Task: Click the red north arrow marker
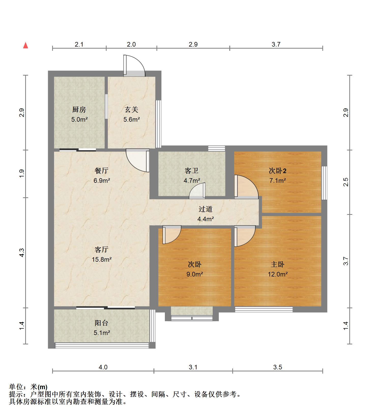point(25,45)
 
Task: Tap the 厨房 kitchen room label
point(79,110)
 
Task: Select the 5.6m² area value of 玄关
point(132,119)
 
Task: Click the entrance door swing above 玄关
point(134,65)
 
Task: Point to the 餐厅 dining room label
point(102,171)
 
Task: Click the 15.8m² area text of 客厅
point(102,259)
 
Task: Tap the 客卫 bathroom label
point(192,171)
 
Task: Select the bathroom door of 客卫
point(197,191)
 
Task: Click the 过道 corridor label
point(206,209)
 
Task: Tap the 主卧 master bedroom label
point(278,264)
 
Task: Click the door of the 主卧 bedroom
point(245,236)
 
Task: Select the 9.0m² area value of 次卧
point(195,274)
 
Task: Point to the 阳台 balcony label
point(102,323)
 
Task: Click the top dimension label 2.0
point(131,44)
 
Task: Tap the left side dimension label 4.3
point(22,253)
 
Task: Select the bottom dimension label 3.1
point(193,367)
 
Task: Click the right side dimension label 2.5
point(346,182)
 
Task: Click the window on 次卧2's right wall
point(324,183)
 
